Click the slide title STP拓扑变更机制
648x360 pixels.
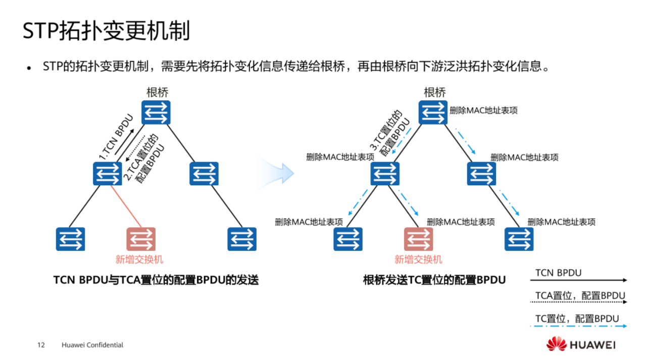106,31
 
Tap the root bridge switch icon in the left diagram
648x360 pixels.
156,113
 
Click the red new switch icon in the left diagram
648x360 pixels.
141,239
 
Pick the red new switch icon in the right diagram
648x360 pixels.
419,239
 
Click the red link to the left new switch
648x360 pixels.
127,206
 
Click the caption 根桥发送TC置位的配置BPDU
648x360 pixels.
434,280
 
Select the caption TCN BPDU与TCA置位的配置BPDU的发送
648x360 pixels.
156,280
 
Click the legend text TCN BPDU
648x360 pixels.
558,273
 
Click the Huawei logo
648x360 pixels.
581,345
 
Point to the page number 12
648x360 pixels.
41,345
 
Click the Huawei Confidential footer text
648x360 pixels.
92,345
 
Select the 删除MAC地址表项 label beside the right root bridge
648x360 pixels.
483,110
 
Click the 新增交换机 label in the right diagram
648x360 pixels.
418,260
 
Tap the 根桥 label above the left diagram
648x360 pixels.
157,92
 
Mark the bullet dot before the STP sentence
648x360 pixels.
30,68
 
